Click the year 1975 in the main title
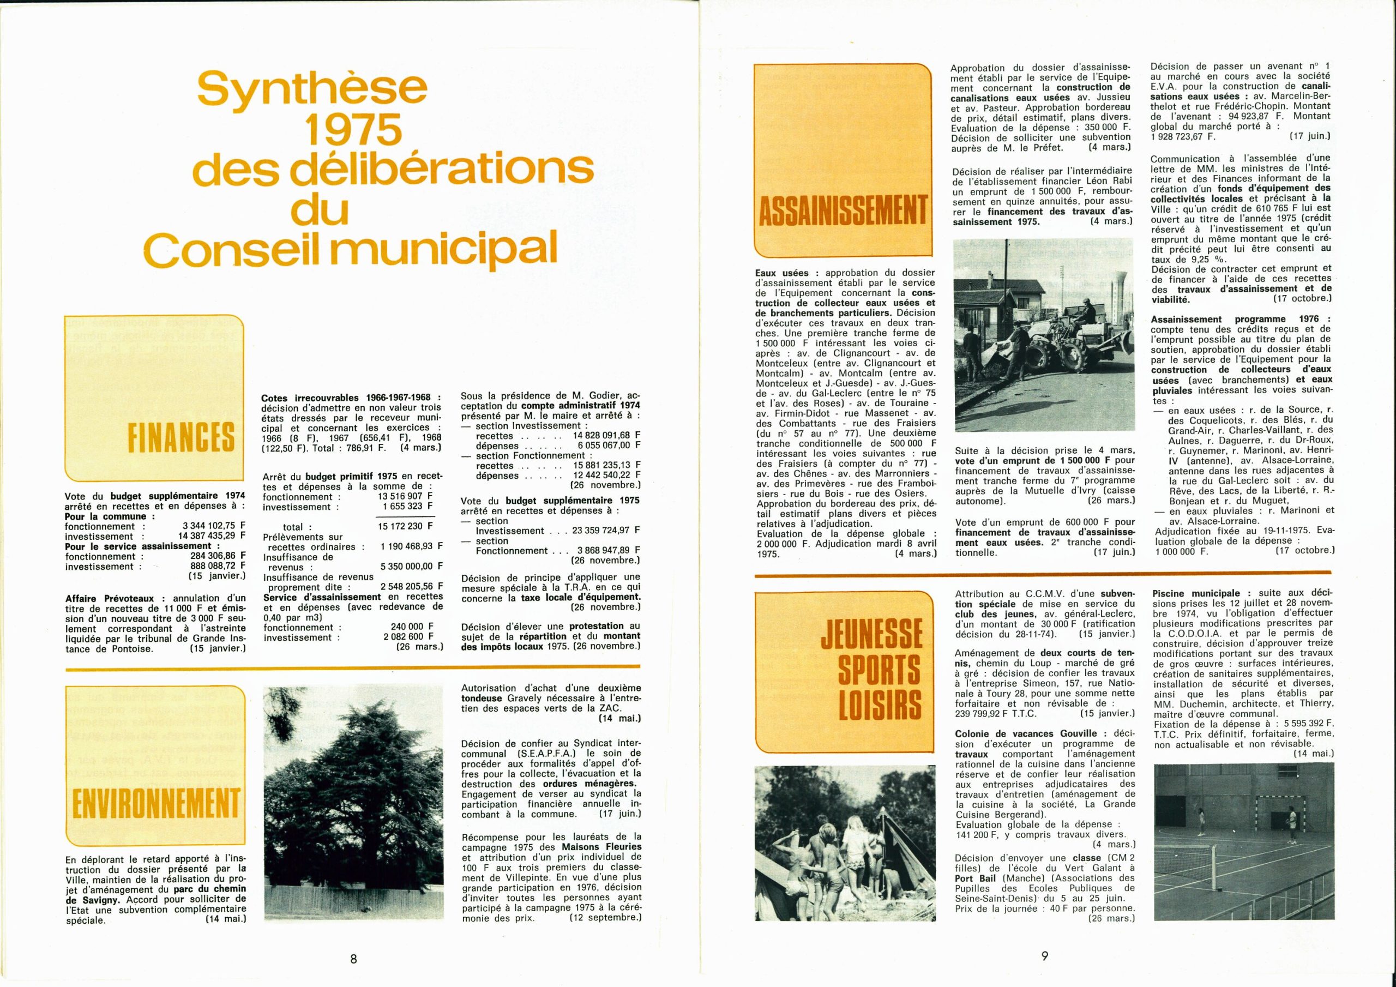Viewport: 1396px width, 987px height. pyautogui.click(x=353, y=128)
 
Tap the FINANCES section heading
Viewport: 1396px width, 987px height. pyautogui.click(x=181, y=437)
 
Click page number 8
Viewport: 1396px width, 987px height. pyautogui.click(x=353, y=959)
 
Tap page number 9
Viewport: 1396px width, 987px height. pyautogui.click(x=1045, y=956)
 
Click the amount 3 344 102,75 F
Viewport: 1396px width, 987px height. pyautogui.click(x=214, y=527)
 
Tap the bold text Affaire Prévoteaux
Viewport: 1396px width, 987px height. pyautogui.click(x=115, y=598)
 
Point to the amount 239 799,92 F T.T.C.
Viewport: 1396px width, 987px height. pyautogui.click(x=996, y=713)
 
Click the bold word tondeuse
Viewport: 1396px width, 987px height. pyautogui.click(x=482, y=698)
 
